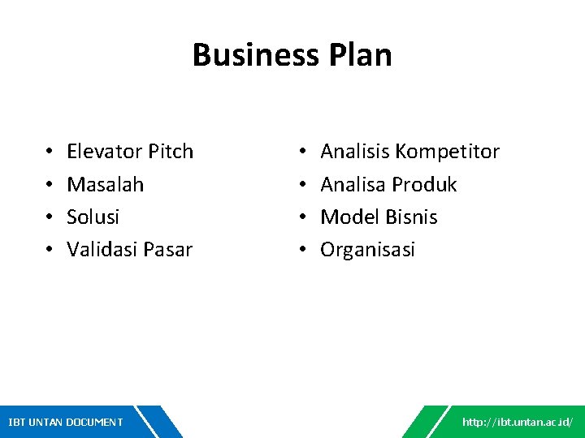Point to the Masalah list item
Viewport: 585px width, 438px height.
[105, 185]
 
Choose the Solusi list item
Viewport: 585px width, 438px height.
[93, 217]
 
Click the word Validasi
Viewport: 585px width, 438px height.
[102, 250]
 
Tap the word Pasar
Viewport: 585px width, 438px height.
[168, 250]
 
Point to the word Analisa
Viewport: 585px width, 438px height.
[353, 185]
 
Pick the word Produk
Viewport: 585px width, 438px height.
[425, 185]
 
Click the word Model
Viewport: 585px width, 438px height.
[347, 217]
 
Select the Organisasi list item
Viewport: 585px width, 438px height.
[367, 250]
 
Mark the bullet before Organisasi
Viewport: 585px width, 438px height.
[302, 250]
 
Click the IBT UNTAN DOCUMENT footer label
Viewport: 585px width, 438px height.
[65, 422]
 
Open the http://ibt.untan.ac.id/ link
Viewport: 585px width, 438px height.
[518, 422]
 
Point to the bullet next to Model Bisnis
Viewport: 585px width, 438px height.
[302, 217]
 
